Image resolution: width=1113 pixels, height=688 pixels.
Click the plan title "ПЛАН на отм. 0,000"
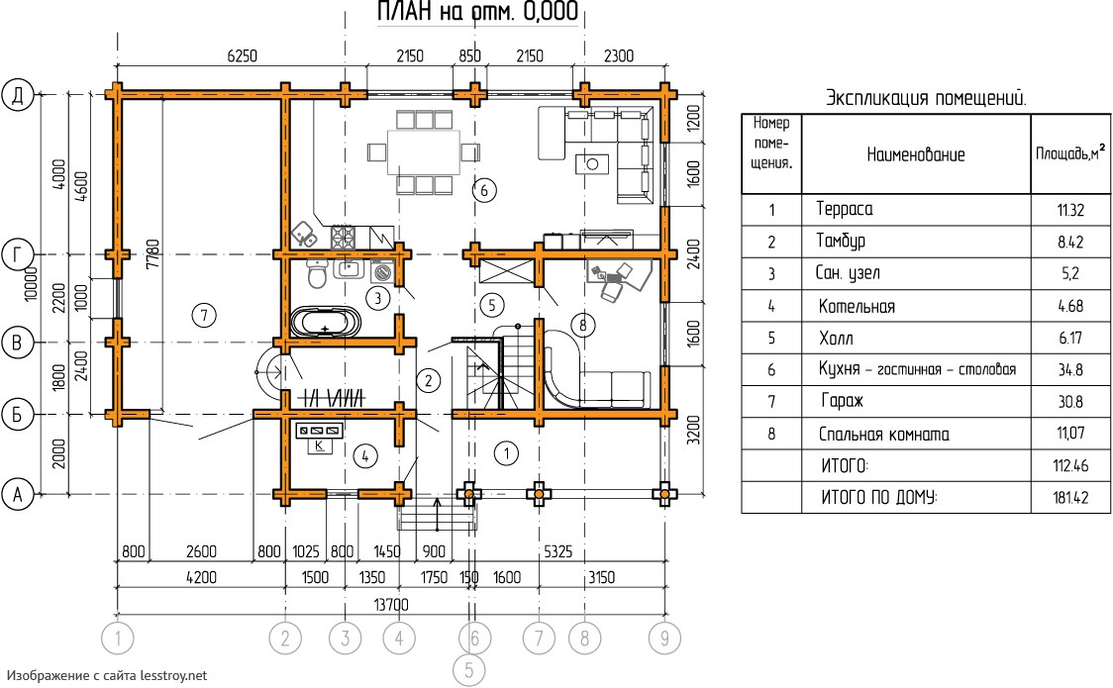click(478, 13)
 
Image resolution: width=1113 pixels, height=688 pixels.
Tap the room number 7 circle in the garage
click(202, 316)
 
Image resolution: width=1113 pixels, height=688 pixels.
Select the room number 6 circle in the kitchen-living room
click(482, 190)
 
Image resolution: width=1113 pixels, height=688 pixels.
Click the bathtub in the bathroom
click(326, 323)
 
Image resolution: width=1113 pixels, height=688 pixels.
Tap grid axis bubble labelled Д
click(18, 95)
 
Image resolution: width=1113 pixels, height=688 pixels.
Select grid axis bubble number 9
click(662, 639)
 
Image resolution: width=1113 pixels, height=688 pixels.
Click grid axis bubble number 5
click(469, 670)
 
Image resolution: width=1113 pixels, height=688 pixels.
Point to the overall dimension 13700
click(391, 605)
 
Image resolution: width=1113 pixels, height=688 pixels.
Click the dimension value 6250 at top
click(242, 56)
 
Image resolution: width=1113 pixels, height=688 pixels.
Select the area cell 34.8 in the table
click(1070, 370)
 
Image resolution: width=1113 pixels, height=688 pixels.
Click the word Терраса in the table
click(845, 209)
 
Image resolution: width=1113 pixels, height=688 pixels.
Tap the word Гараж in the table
click(842, 402)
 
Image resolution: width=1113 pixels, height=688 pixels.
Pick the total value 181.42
click(1070, 498)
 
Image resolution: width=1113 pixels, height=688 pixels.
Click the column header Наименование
click(915, 154)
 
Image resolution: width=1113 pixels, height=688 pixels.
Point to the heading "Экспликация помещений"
click(926, 99)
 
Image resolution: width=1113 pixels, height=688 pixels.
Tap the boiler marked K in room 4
click(320, 446)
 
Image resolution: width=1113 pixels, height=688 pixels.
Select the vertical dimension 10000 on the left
click(33, 284)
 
